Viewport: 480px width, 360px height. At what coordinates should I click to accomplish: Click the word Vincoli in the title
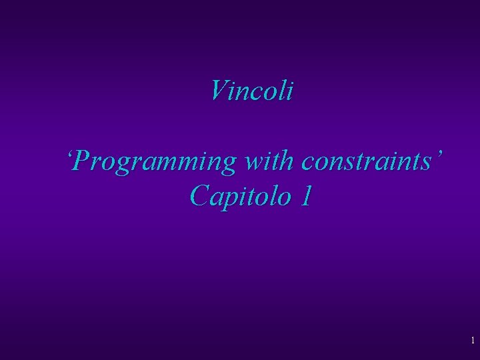click(251, 91)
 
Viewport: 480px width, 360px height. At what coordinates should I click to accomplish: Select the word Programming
click(156, 162)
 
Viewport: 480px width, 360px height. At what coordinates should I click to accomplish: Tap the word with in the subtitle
click(271, 162)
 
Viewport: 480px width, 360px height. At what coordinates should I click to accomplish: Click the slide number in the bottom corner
click(472, 341)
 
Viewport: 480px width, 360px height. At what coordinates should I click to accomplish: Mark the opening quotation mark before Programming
click(70, 155)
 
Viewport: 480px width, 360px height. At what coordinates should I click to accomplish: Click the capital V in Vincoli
click(217, 91)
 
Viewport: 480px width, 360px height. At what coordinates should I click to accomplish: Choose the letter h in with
click(288, 162)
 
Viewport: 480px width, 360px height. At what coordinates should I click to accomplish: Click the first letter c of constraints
click(306, 164)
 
